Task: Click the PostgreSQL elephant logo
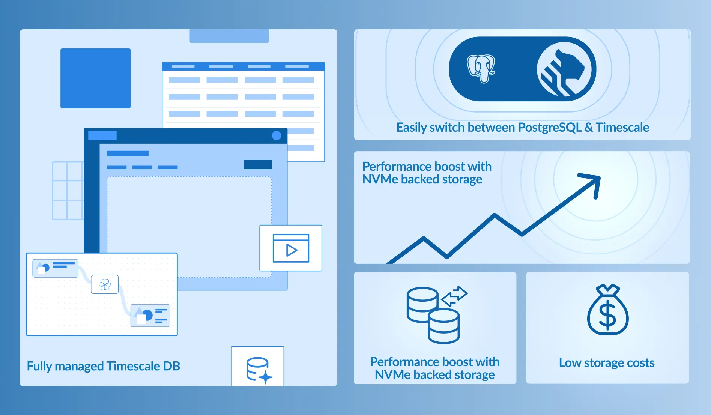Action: [x=481, y=69]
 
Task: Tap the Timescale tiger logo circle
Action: [x=566, y=69]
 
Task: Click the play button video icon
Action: [x=291, y=248]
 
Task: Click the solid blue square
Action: [x=95, y=78]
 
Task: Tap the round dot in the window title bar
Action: [x=277, y=135]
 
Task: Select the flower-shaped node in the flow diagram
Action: [x=105, y=284]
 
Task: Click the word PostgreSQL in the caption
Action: [x=550, y=128]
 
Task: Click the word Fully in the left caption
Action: [x=39, y=366]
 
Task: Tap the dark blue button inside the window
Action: [x=257, y=164]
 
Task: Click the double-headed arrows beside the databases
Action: [x=454, y=296]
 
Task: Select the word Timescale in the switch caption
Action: [x=622, y=128]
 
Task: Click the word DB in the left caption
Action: [x=171, y=366]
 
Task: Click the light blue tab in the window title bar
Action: [x=102, y=135]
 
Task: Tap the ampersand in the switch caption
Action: [x=589, y=128]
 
